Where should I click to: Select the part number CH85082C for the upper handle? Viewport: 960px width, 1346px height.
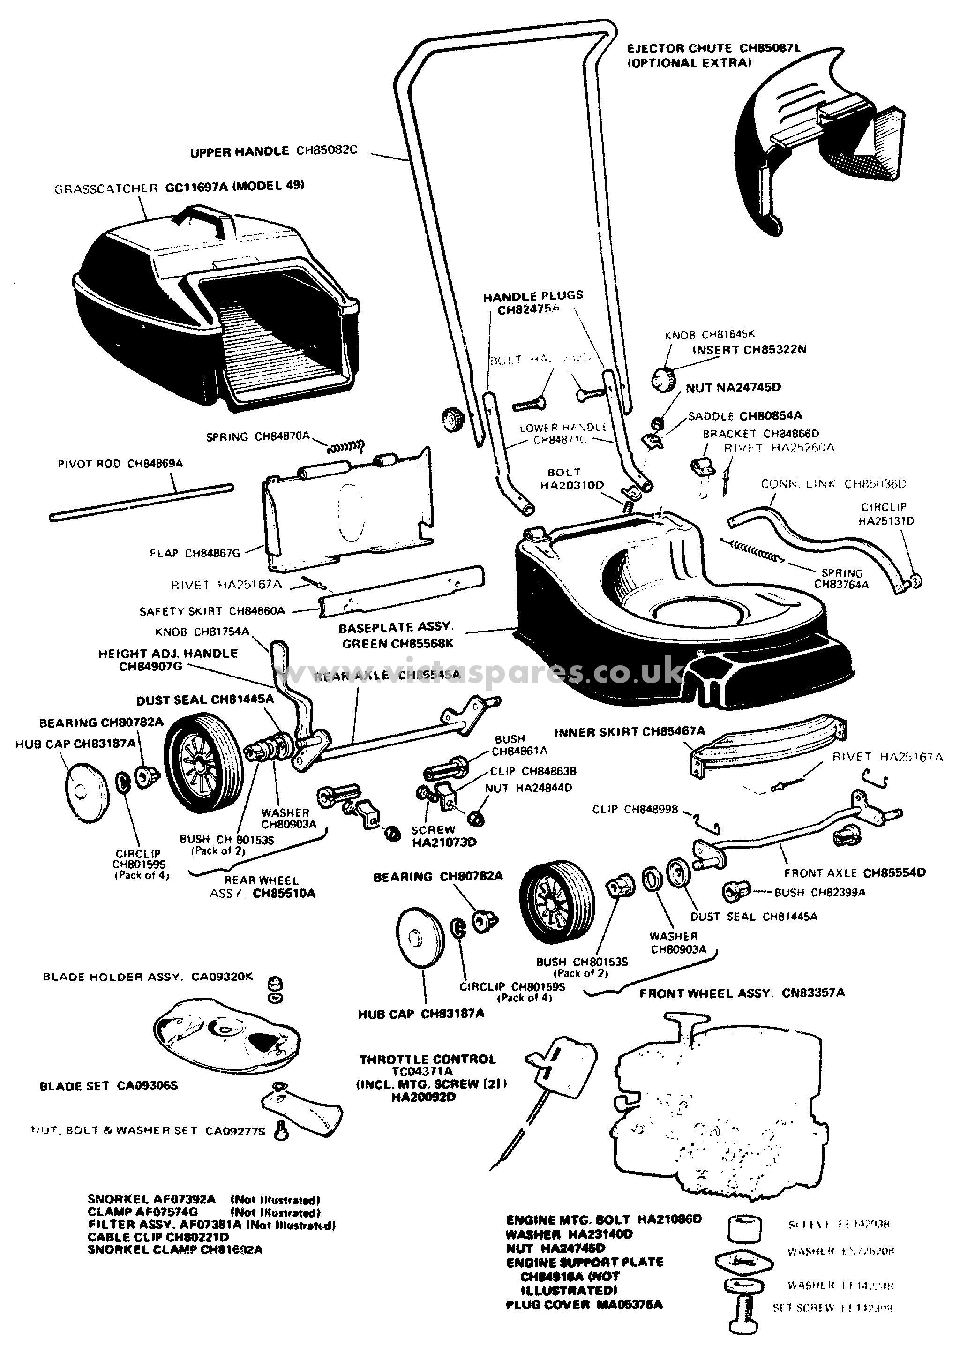(x=327, y=150)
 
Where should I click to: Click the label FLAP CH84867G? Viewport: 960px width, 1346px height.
(x=195, y=553)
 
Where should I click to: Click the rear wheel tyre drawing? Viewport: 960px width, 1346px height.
(x=204, y=763)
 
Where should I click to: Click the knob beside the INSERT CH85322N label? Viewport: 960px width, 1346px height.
(x=663, y=378)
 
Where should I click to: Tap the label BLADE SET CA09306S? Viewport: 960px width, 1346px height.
(x=109, y=1086)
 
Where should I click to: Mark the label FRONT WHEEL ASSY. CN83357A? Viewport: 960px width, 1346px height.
(x=742, y=993)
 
